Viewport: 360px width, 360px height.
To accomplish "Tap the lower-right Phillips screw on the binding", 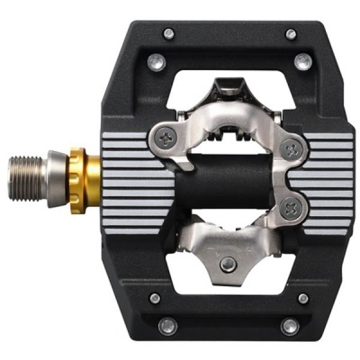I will [291, 207].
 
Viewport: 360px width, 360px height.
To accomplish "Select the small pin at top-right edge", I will [291, 34].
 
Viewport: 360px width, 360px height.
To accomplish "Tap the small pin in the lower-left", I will [155, 298].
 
